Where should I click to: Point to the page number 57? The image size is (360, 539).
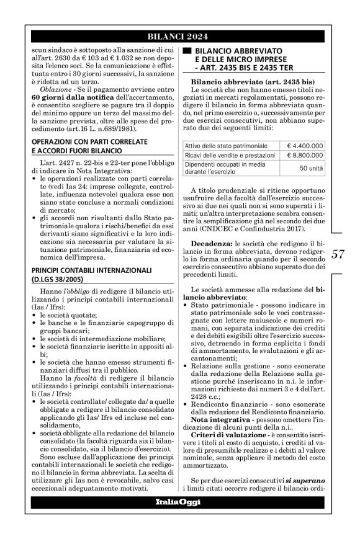point(338,254)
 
